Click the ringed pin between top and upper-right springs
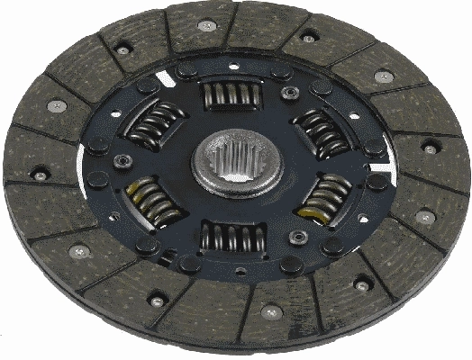[x=289, y=94]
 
